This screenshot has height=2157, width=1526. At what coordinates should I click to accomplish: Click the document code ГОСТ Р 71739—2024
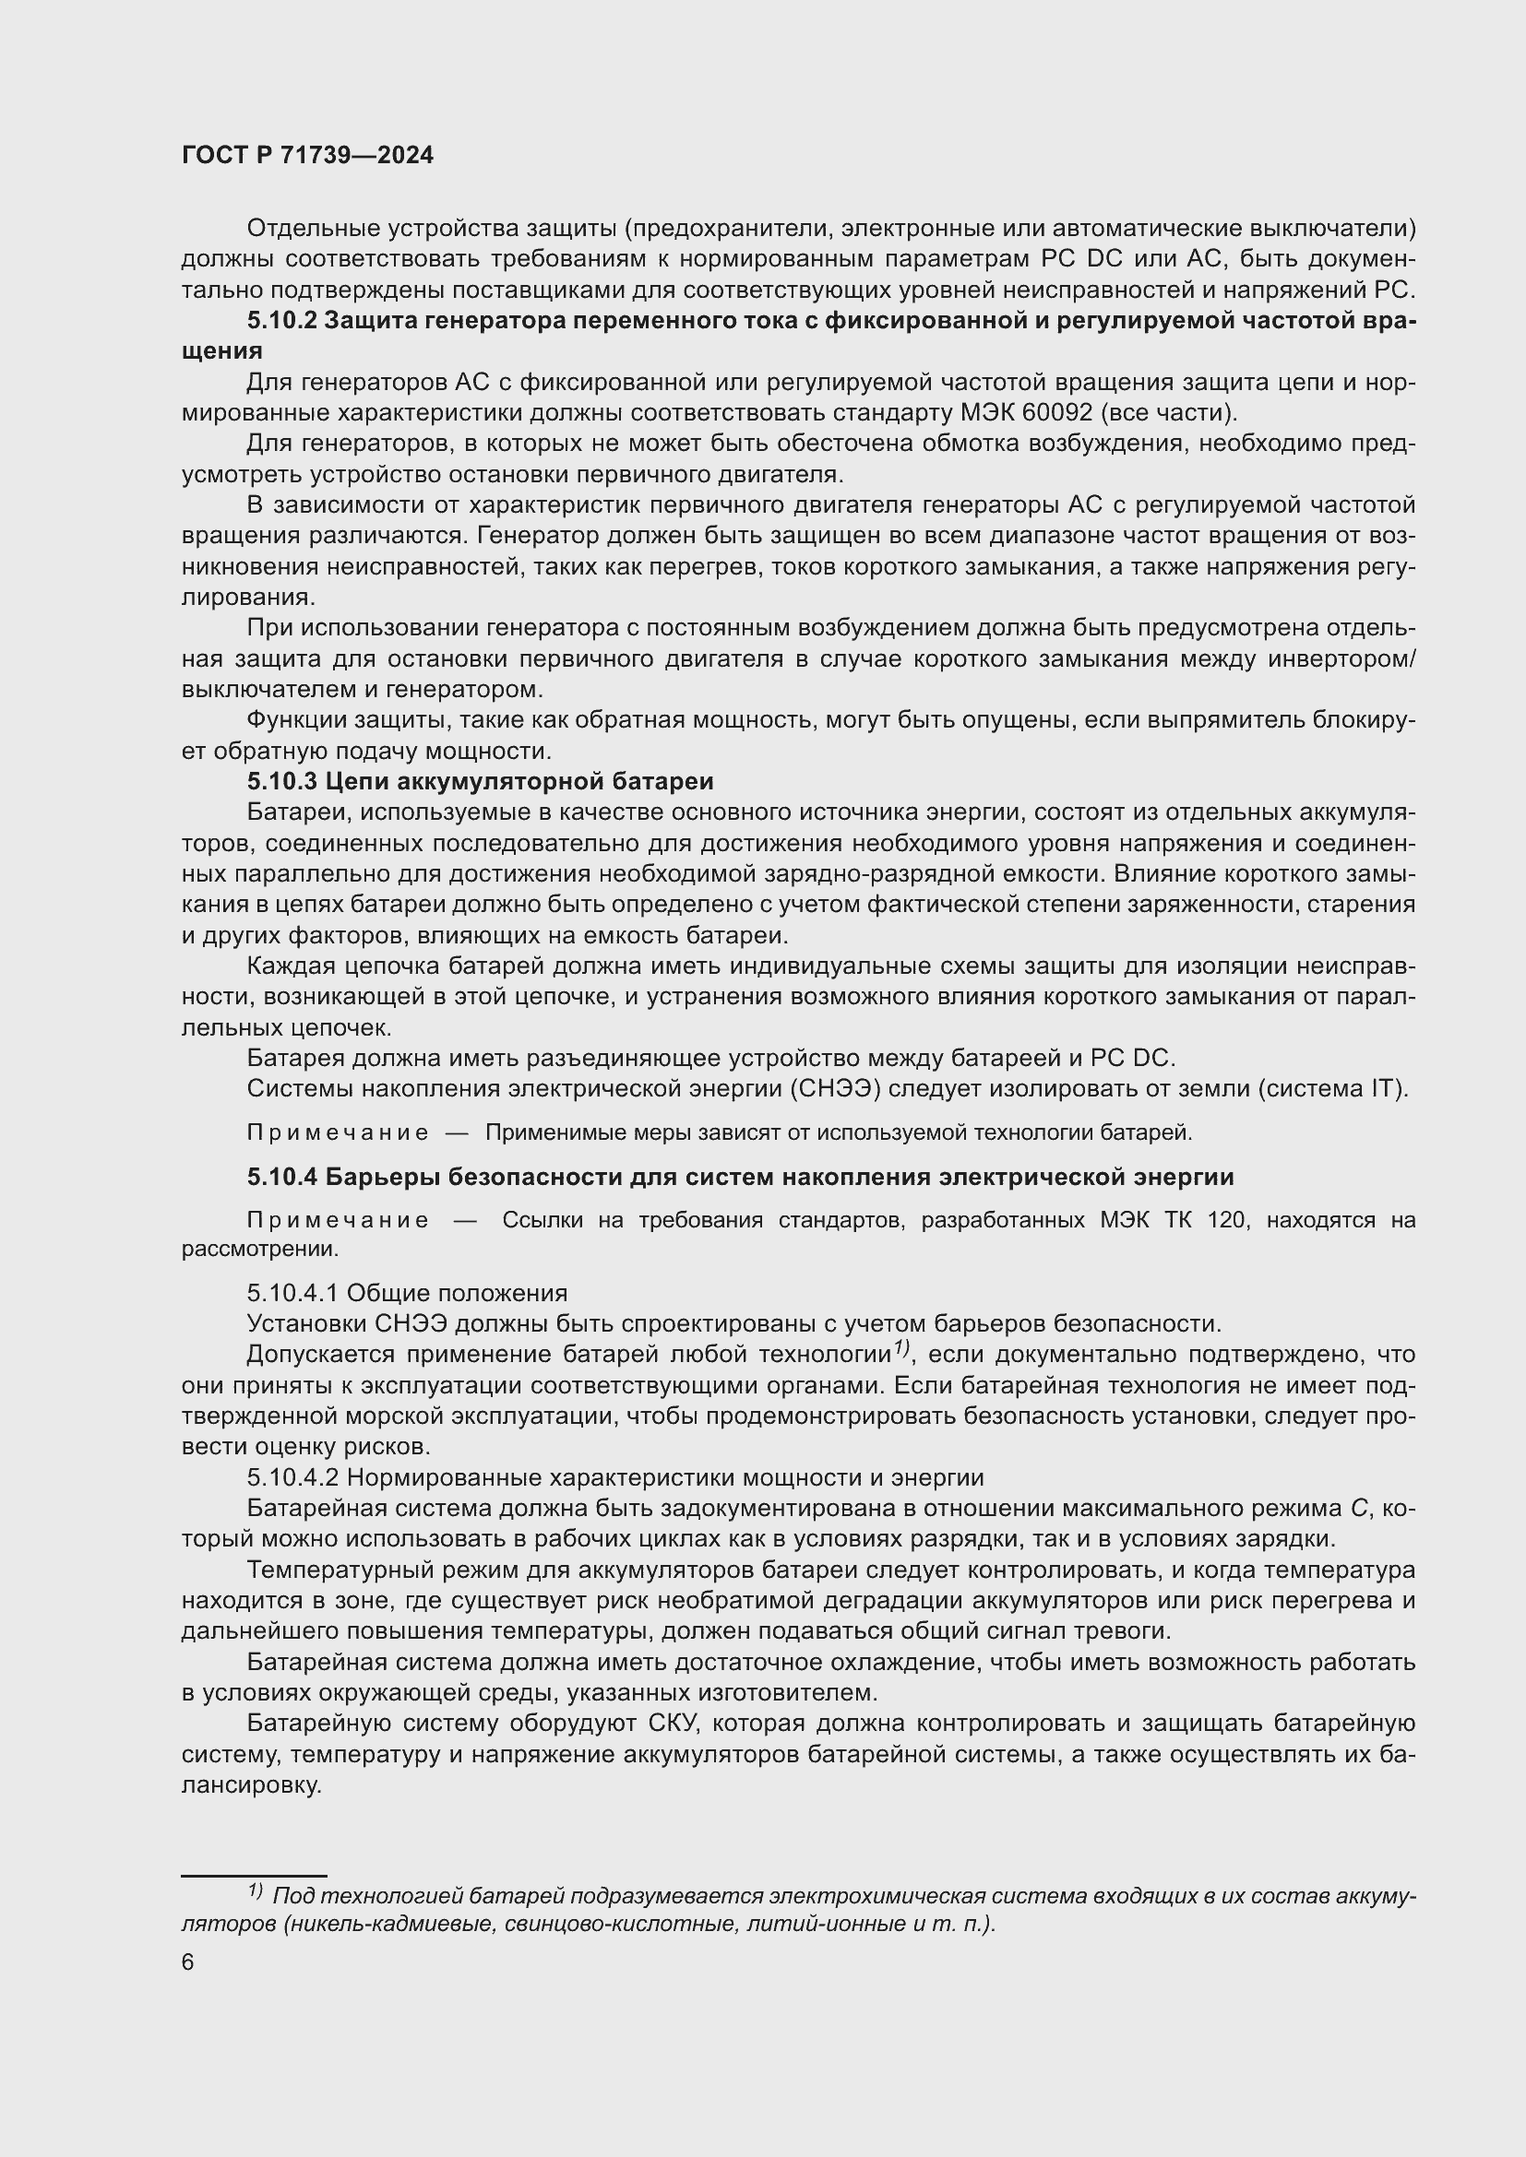[307, 156]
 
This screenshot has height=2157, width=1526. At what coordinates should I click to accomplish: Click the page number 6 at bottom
[188, 1962]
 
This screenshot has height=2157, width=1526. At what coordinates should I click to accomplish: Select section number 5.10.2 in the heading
[281, 320]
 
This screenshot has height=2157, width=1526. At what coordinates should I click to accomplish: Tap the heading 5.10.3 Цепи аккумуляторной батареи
[480, 782]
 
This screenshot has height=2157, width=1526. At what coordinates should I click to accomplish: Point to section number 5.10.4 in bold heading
[281, 1177]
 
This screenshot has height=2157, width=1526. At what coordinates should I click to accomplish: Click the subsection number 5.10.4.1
[292, 1293]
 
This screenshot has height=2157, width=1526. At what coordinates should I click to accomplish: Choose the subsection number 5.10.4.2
[292, 1477]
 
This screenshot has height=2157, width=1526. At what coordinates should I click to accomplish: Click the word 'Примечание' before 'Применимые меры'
[338, 1133]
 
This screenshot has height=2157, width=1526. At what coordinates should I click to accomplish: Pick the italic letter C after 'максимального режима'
[1358, 1509]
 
